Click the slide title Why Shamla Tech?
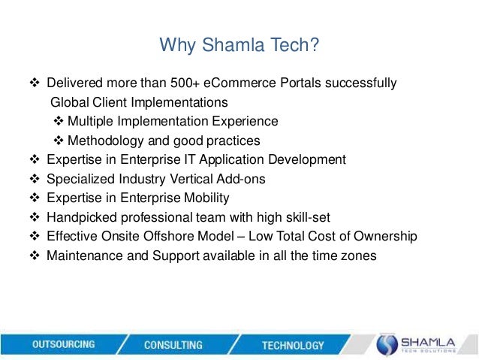point(239,47)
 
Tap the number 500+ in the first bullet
point(202,83)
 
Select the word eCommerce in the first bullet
point(256,83)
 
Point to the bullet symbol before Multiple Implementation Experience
point(60,122)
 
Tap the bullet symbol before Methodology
point(60,141)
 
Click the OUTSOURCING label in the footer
point(64,344)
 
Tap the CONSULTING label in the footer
point(173,345)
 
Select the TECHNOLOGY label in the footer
point(293,346)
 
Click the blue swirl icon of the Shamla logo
point(386,344)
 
